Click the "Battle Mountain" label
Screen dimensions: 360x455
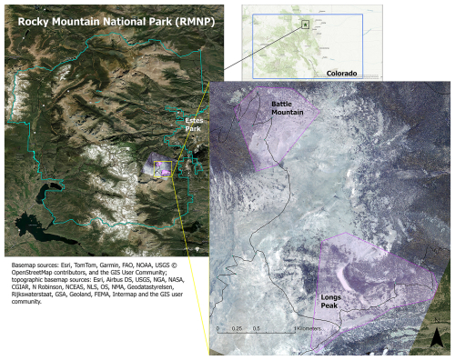pos(292,109)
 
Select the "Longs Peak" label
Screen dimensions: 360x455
pos(336,300)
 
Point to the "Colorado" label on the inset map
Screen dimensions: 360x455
pos(341,73)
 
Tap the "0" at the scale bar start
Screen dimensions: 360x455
pos(217,328)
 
